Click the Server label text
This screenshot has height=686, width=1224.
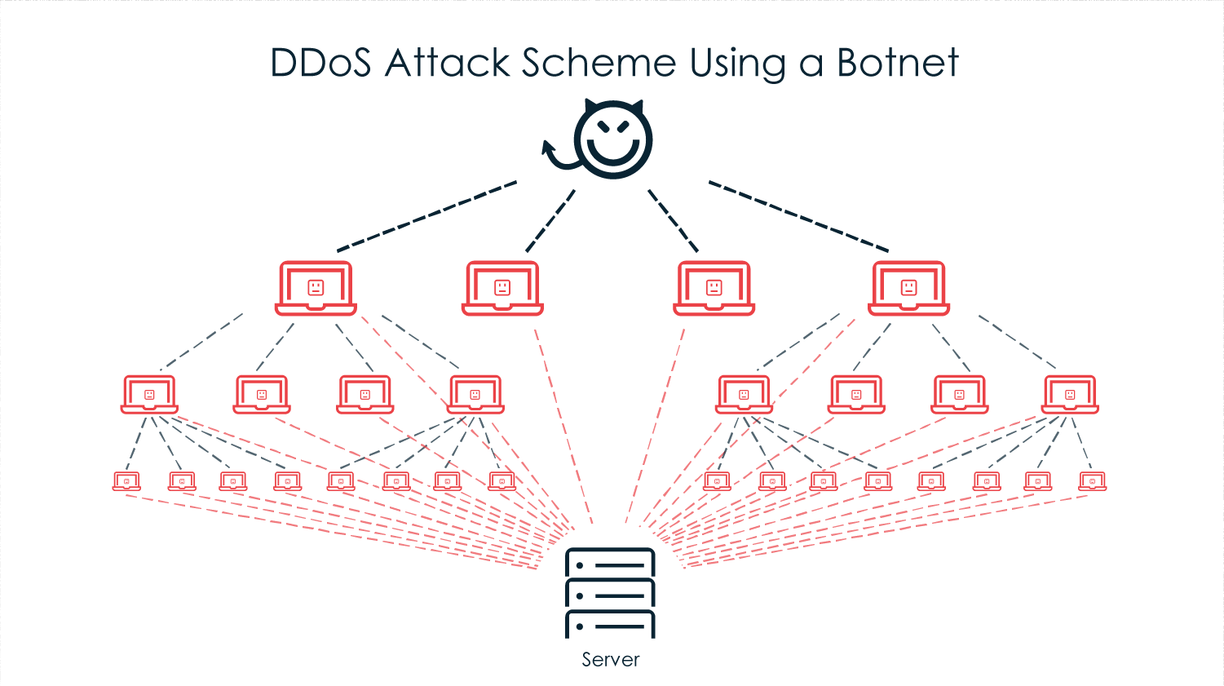[x=610, y=660]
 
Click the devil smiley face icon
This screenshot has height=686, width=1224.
[x=613, y=139]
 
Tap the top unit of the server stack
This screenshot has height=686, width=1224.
[x=610, y=564]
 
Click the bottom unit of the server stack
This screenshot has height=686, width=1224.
[x=610, y=625]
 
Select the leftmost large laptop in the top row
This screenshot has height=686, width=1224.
[x=316, y=288]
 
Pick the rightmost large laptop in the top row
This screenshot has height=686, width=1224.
[x=908, y=288]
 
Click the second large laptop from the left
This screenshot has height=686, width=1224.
[x=502, y=288]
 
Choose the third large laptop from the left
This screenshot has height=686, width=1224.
[x=714, y=288]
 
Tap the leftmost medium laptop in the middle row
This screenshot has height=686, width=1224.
[x=149, y=395]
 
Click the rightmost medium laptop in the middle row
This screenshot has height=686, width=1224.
[x=1070, y=395]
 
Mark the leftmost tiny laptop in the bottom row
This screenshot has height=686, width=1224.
[x=126, y=482]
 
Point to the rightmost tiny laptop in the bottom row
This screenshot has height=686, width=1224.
[x=1092, y=482]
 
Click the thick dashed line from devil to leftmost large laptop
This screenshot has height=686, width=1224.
[x=426, y=216]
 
